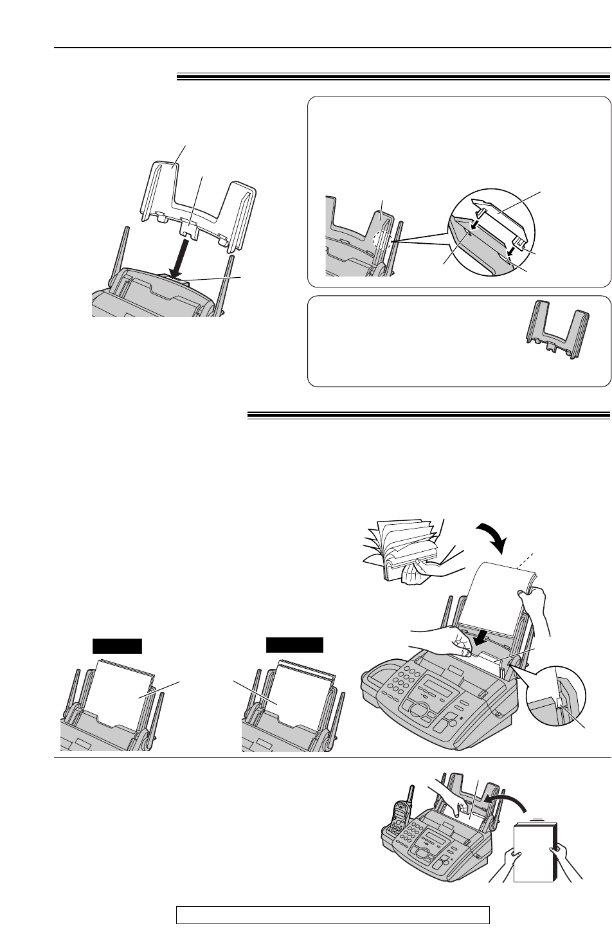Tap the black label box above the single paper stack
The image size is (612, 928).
[116, 646]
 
